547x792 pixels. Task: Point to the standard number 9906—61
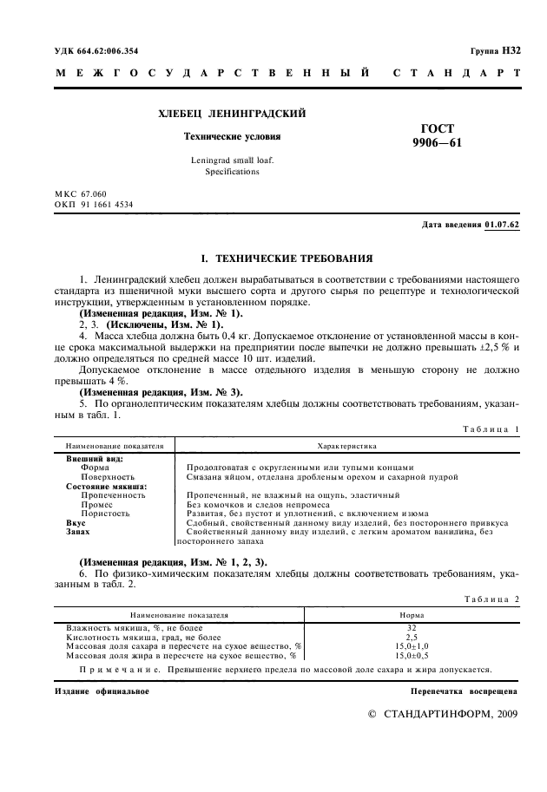coord(437,144)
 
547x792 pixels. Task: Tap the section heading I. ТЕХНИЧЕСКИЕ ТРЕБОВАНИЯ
coord(287,258)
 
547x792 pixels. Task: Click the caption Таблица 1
coord(491,429)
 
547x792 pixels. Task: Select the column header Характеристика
coord(346,445)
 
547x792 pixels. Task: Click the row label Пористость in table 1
coord(105,513)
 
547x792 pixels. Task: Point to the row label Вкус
coord(76,522)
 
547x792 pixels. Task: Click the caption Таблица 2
coord(491,599)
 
